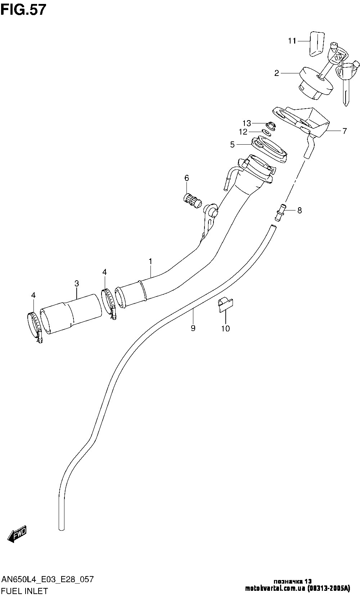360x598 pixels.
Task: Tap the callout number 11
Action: [x=292, y=41]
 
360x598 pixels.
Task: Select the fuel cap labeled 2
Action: [x=316, y=83]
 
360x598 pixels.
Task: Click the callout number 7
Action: [x=345, y=131]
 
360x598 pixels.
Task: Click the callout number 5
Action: [x=232, y=145]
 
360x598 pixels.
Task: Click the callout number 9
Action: [x=193, y=328]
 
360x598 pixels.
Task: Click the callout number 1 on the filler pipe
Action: [x=150, y=261]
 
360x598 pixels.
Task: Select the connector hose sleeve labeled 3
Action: [x=71, y=314]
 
